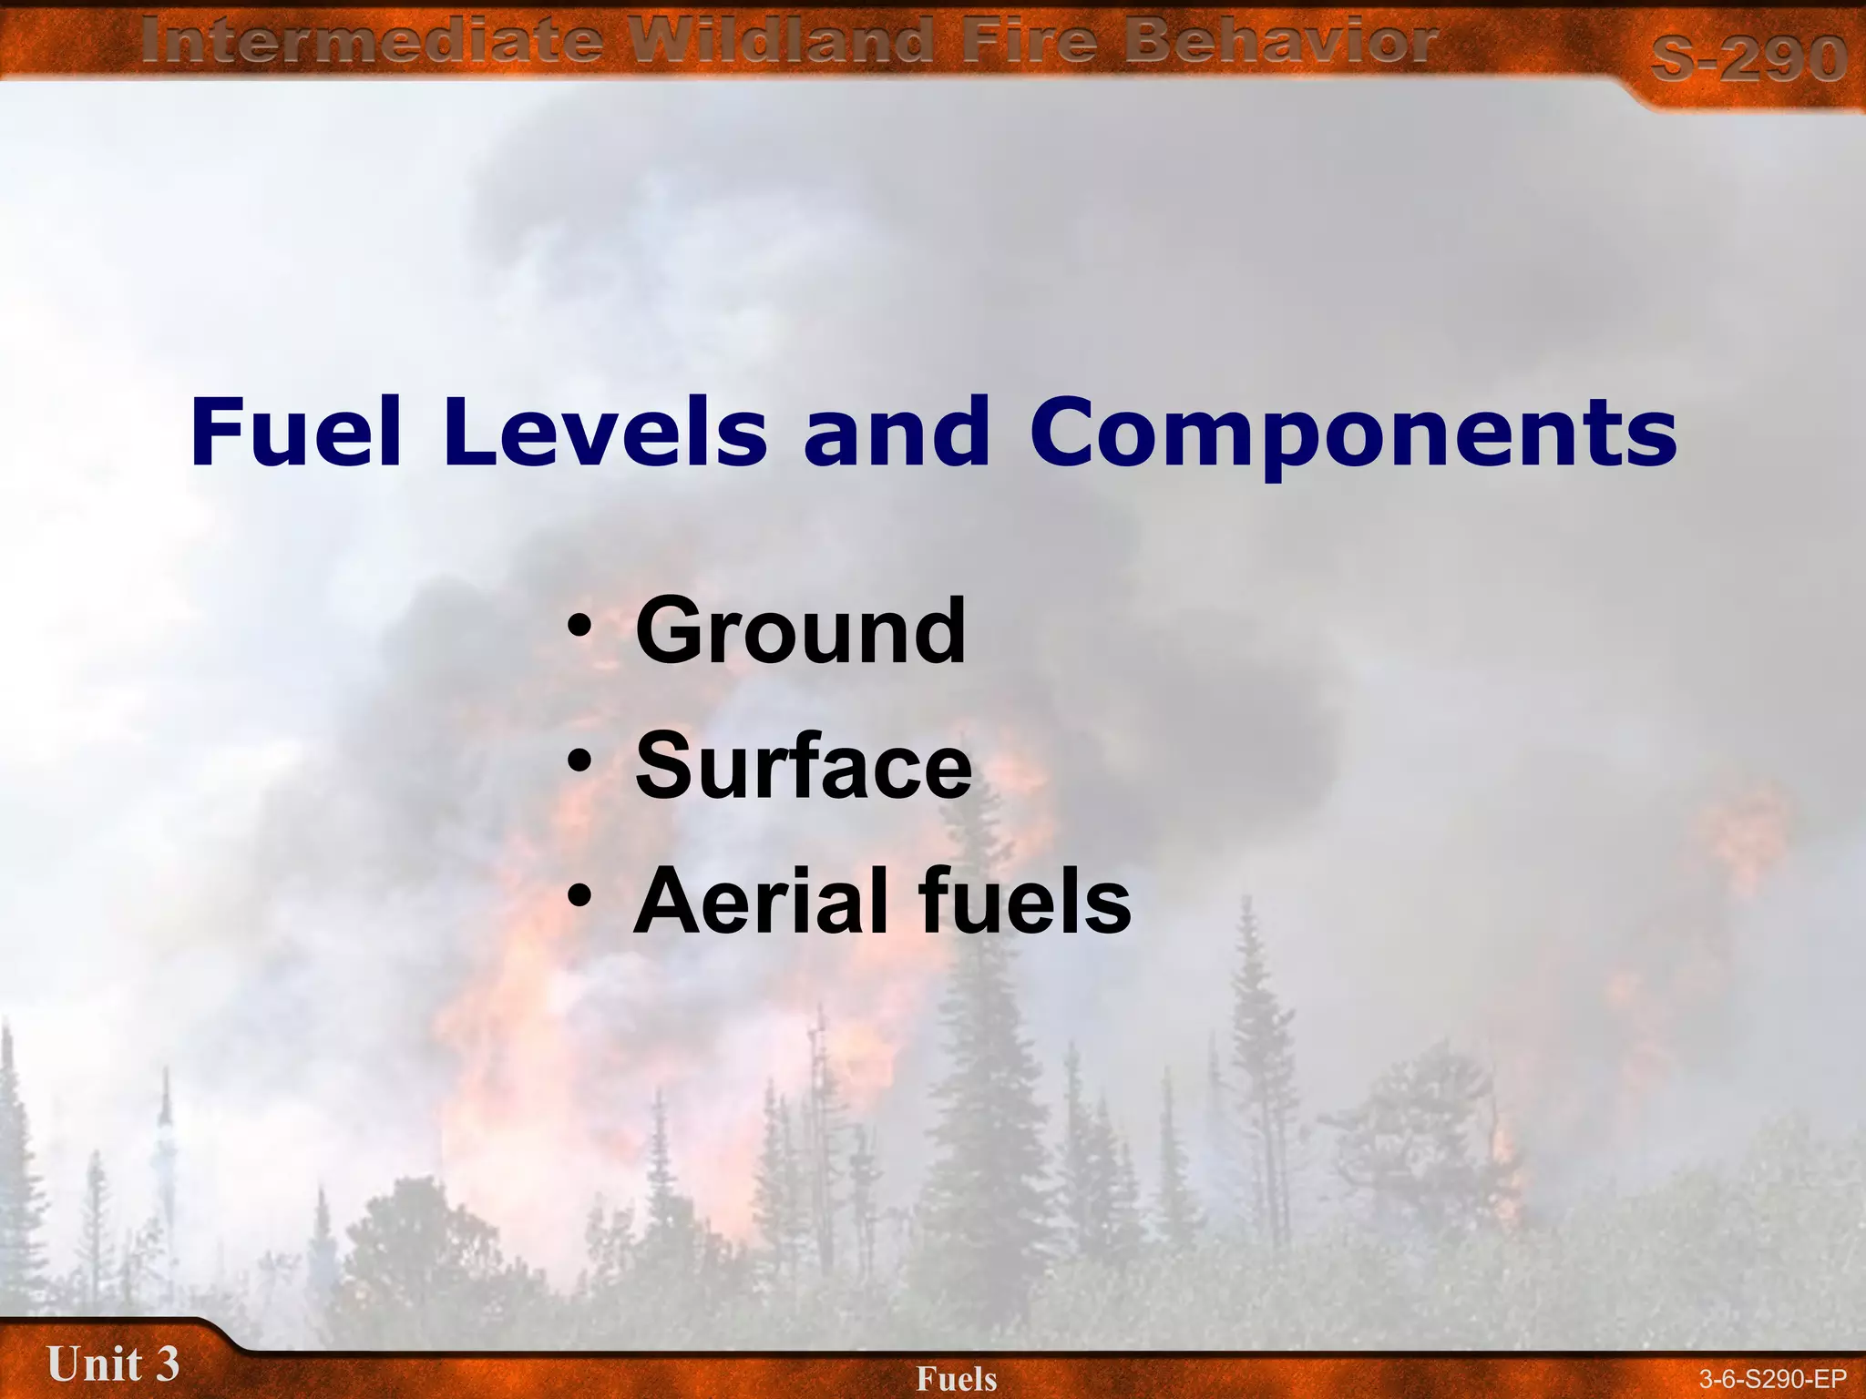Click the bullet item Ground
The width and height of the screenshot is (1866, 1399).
[x=800, y=630]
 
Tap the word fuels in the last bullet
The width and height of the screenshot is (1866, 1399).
[x=1025, y=901]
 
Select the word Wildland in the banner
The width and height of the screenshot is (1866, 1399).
[x=784, y=43]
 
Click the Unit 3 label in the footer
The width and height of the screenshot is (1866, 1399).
[x=113, y=1364]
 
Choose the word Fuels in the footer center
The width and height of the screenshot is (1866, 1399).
[x=956, y=1379]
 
